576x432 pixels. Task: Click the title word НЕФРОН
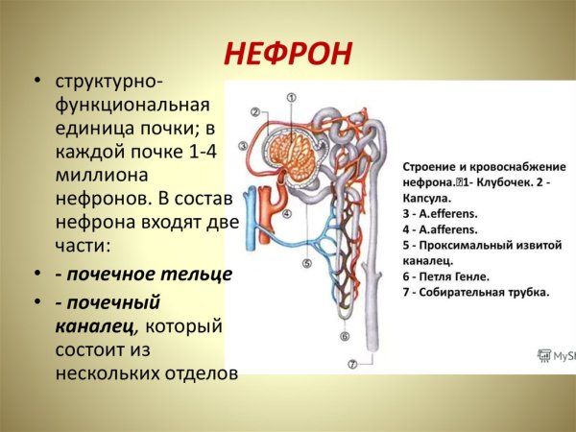tap(288, 54)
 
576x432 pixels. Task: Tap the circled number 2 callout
tap(256, 111)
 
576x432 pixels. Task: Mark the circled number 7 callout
tap(351, 364)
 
